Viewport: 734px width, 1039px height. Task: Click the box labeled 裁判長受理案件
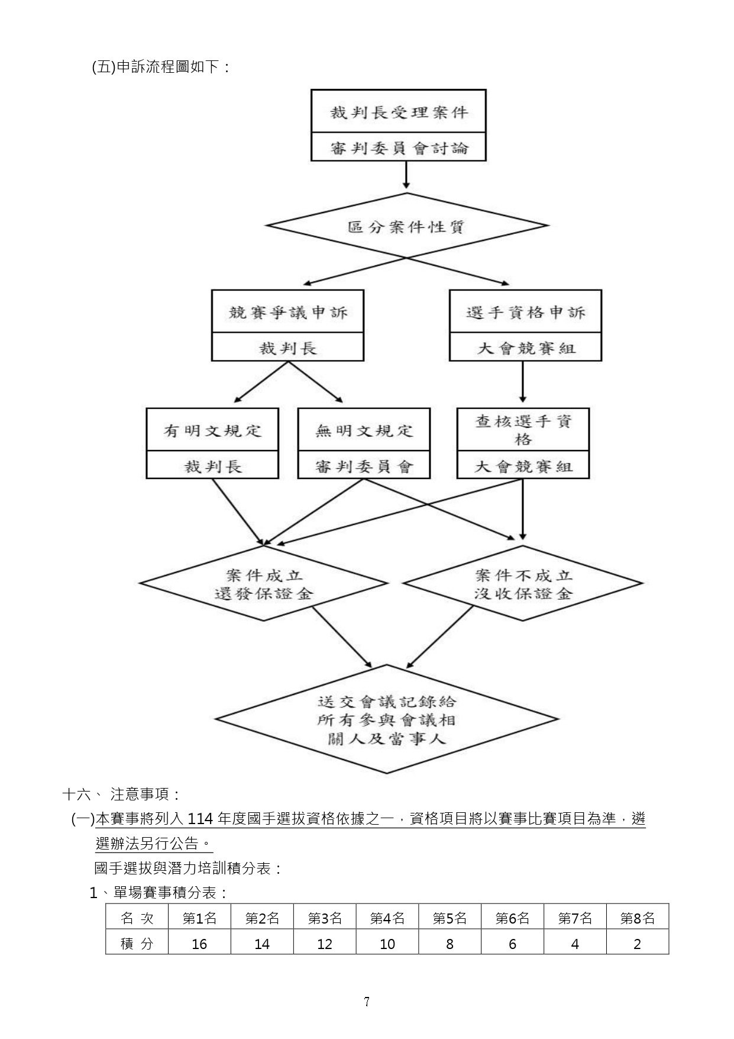click(x=399, y=111)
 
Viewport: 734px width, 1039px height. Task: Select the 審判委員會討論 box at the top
click(x=399, y=147)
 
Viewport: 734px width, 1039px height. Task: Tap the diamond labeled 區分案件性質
click(x=406, y=226)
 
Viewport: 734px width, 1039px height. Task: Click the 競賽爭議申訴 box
click(x=287, y=311)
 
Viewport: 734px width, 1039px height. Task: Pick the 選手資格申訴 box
click(x=525, y=311)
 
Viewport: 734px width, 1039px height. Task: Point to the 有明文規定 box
click(x=212, y=430)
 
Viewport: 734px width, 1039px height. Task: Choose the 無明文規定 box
click(x=364, y=430)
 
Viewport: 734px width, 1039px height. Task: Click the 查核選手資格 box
click(x=523, y=430)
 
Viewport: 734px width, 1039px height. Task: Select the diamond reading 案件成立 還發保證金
click(x=264, y=583)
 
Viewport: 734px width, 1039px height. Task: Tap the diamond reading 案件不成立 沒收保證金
click(x=523, y=583)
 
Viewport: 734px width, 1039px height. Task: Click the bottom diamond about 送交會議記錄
click(x=387, y=720)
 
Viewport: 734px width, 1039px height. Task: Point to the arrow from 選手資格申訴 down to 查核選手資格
click(x=523, y=382)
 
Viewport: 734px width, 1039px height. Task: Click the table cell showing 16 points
click(x=199, y=944)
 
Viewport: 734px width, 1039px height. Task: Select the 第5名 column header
click(x=450, y=918)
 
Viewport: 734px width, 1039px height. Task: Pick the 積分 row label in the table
click(x=137, y=944)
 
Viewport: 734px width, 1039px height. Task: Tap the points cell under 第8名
click(x=638, y=944)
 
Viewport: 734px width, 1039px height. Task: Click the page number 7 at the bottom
click(x=367, y=1002)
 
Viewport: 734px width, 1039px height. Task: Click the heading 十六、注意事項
click(x=122, y=794)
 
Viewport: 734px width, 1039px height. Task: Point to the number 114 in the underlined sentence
click(x=200, y=819)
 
